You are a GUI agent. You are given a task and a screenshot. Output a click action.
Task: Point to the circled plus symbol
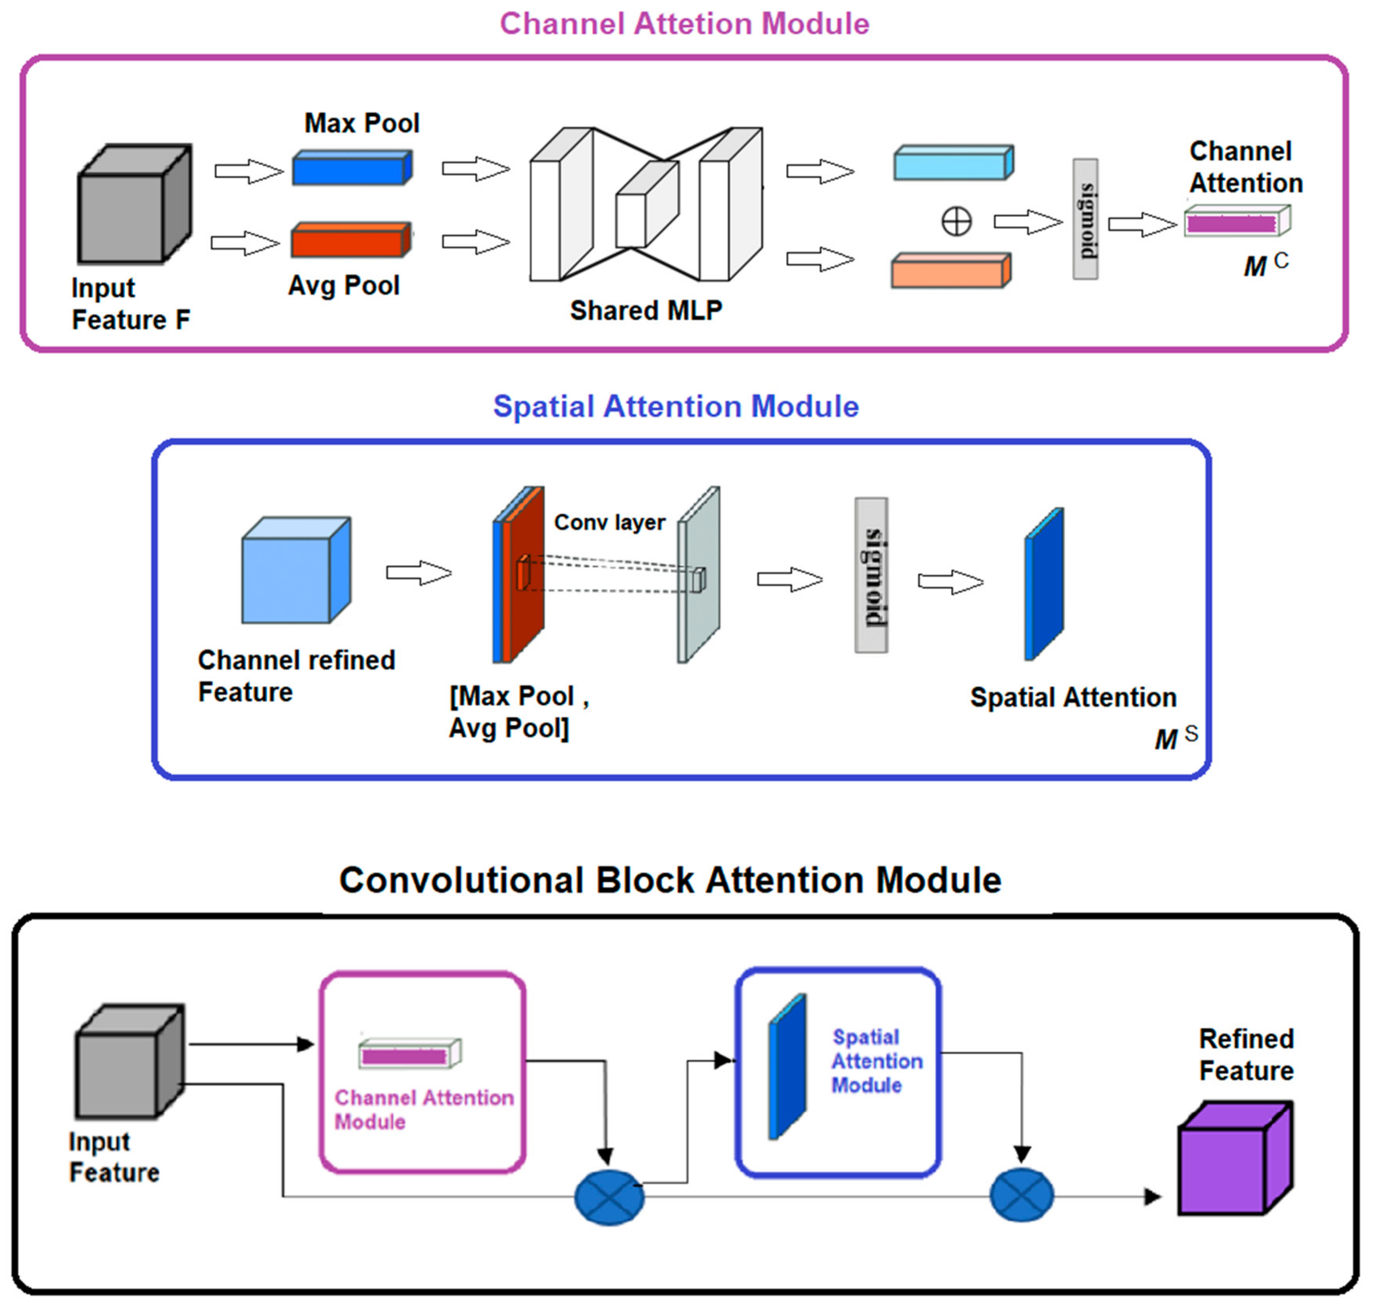pyautogui.click(x=956, y=222)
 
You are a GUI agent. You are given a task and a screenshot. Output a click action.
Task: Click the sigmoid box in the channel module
pyautogui.click(x=1085, y=219)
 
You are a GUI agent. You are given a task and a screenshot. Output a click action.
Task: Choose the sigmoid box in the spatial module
pyautogui.click(x=871, y=575)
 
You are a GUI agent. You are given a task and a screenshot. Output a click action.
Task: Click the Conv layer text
pyautogui.click(x=609, y=523)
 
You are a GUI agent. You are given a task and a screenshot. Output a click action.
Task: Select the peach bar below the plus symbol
pyautogui.click(x=950, y=271)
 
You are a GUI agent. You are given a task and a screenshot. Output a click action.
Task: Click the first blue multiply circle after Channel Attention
pyautogui.click(x=609, y=1197)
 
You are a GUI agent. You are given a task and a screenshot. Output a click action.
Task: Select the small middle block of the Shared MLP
pyautogui.click(x=646, y=205)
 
